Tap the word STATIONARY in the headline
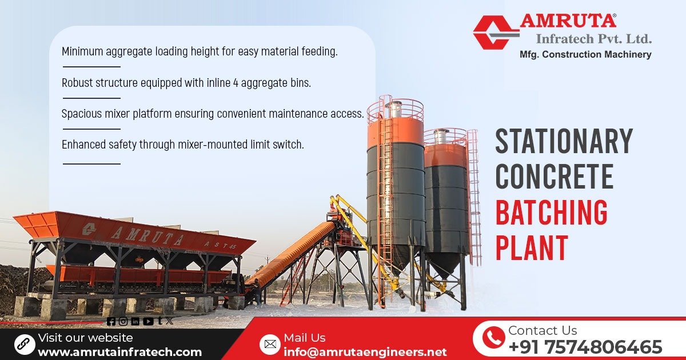tap(564, 141)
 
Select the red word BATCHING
tap(551, 213)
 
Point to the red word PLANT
tap(532, 248)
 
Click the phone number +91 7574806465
tap(585, 347)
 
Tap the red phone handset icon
tap(493, 338)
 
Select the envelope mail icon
tap(269, 344)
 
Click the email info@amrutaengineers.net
tap(365, 352)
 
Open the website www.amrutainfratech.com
tap(119, 352)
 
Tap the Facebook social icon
tap(111, 321)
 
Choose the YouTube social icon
tap(148, 321)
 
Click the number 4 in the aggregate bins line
tap(236, 82)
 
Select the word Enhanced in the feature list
tap(84, 145)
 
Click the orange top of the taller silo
tap(395, 130)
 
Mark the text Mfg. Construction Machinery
tap(585, 55)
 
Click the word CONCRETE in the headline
tap(554, 177)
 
